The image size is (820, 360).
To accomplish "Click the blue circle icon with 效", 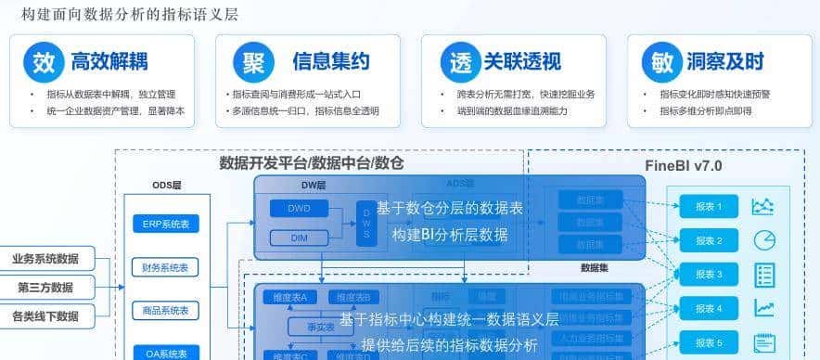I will pos(44,63).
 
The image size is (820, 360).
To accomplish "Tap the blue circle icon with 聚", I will pos(250,63).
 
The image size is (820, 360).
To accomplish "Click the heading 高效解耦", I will pos(109,62).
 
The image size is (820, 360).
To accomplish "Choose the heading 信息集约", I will pos(330,62).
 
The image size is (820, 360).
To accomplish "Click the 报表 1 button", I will pos(709,207).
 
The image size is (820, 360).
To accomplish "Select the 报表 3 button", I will pos(709,274).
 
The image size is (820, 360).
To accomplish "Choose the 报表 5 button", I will pos(709,342).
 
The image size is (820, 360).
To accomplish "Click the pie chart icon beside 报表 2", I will pos(764,240).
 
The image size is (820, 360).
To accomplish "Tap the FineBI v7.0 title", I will pos(683,166).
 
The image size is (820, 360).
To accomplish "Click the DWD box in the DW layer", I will pos(298,208).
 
